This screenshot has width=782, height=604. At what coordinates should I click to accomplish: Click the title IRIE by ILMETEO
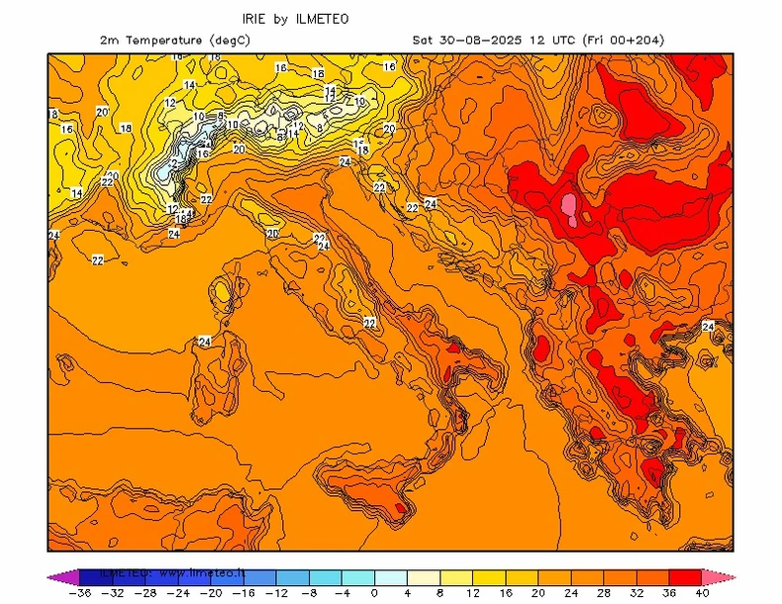295,19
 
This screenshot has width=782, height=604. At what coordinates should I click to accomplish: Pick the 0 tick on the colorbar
374,593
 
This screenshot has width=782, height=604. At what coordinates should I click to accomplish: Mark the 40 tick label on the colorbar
701,593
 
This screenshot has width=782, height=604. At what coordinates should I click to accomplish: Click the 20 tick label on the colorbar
538,593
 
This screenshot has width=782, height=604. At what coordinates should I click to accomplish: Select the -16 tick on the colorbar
243,593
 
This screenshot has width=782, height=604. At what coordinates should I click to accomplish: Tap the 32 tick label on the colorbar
635,593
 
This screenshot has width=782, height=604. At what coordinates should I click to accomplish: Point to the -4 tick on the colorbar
341,593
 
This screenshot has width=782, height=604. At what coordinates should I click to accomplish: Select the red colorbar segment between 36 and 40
685,576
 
